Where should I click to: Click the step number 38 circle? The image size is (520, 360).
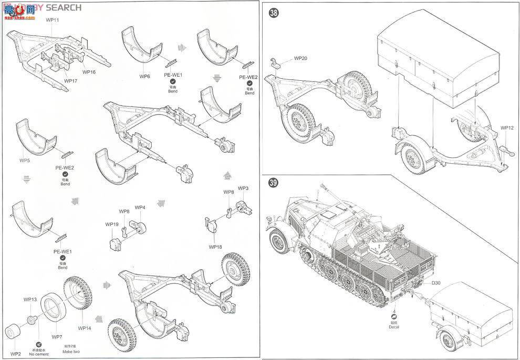[274, 14]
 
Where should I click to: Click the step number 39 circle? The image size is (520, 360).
[274, 183]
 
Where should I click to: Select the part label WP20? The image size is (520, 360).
[300, 58]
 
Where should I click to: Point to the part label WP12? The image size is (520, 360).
[507, 128]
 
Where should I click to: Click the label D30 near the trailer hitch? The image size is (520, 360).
[437, 284]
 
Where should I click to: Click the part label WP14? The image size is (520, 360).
[85, 328]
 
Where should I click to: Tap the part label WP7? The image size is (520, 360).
[56, 336]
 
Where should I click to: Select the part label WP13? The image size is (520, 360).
[30, 300]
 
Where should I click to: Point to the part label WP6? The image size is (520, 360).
[145, 77]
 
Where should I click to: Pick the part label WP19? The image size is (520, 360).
[111, 224]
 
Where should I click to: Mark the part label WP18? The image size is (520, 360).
[215, 247]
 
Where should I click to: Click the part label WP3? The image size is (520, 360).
[243, 188]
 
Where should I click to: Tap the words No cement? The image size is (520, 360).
[40, 354]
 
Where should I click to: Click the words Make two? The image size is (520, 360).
[70, 351]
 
